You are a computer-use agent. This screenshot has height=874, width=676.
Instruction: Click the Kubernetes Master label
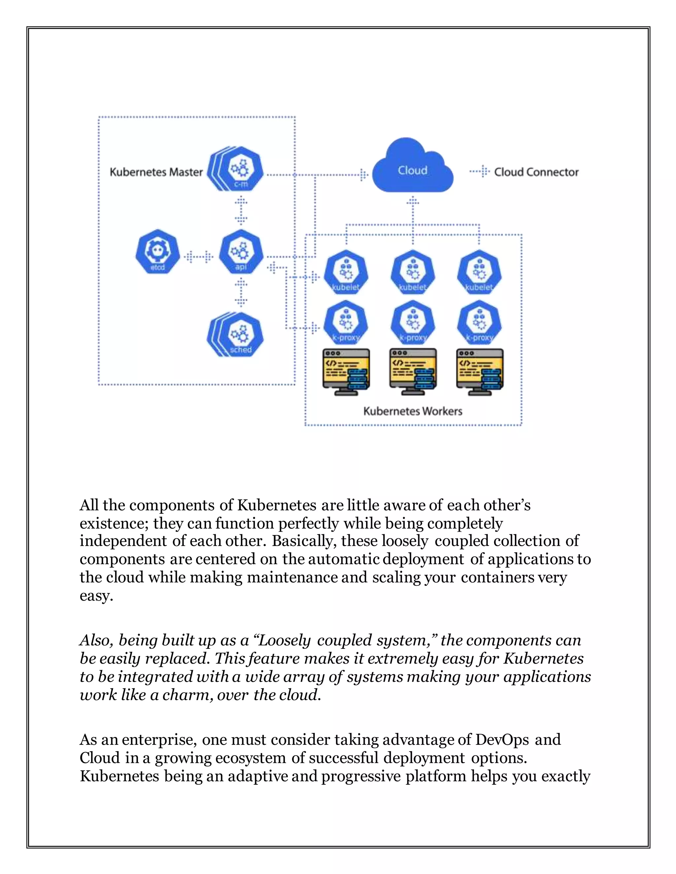(x=156, y=172)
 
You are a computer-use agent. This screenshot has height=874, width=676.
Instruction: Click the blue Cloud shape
(x=413, y=168)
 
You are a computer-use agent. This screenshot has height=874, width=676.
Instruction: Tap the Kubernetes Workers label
(x=413, y=411)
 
